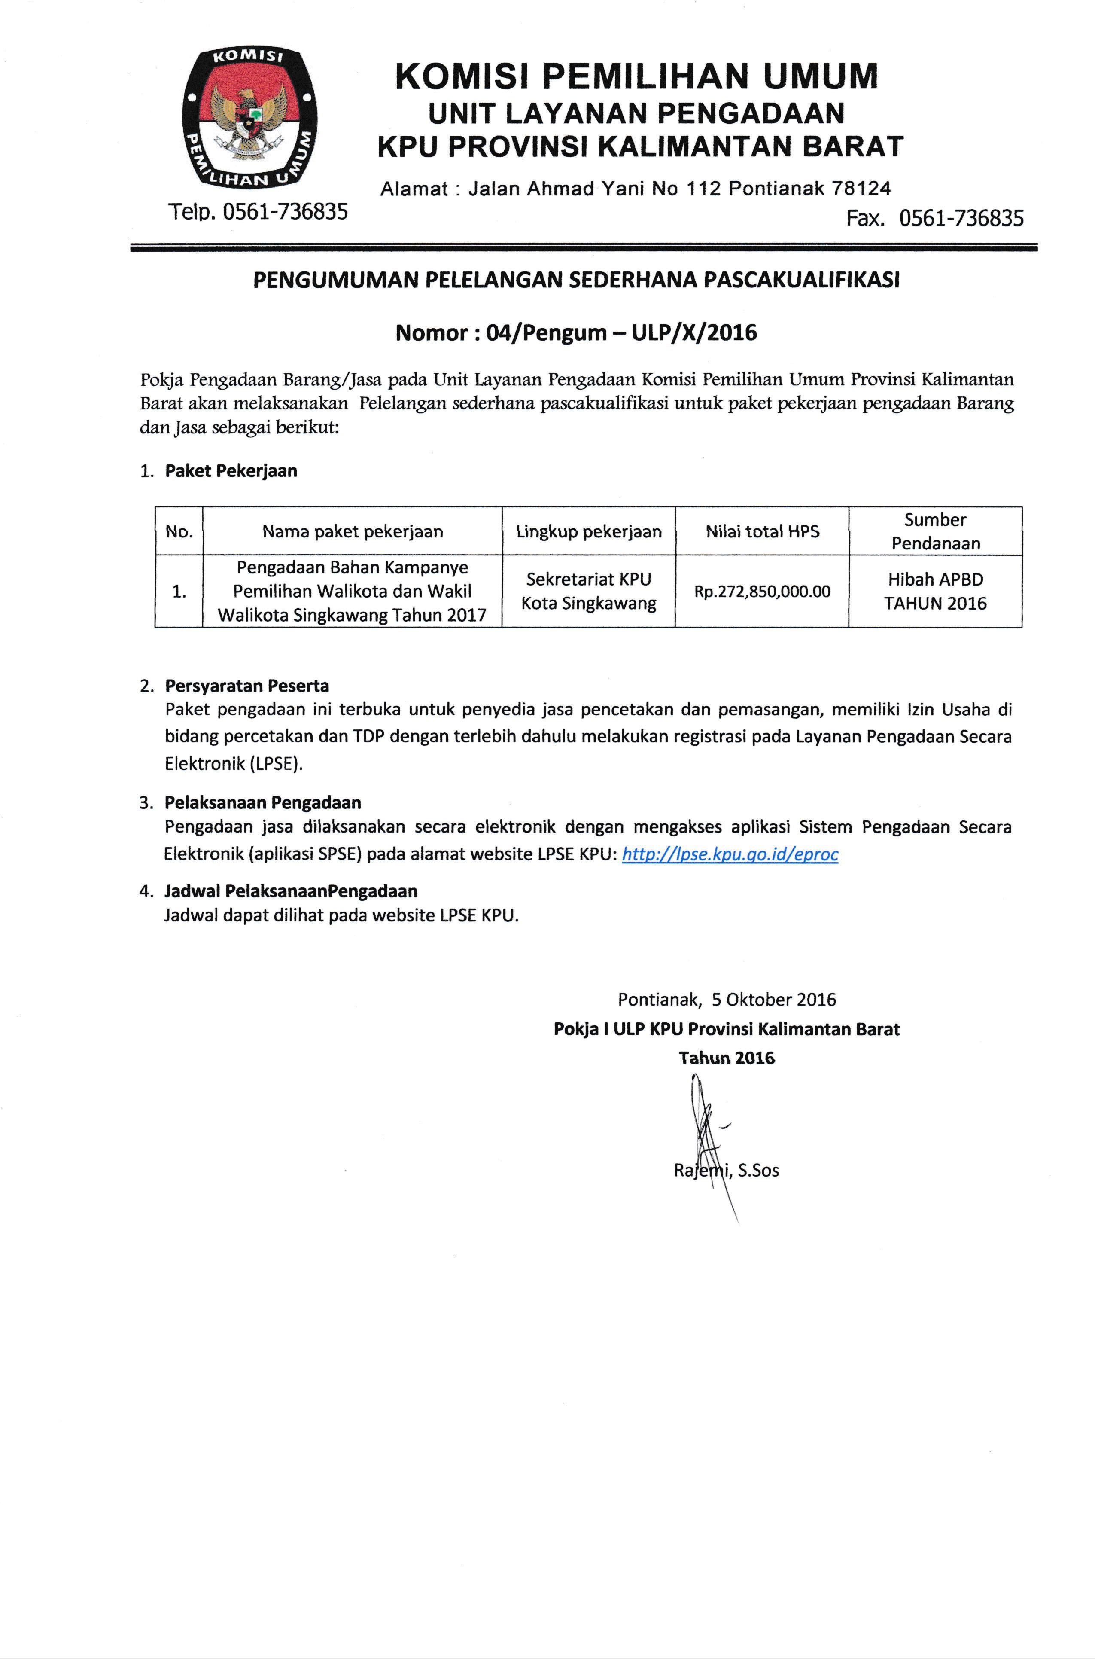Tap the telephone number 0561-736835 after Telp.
[x=285, y=212]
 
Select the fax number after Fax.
[x=961, y=219]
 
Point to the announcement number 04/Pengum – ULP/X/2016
[x=621, y=332]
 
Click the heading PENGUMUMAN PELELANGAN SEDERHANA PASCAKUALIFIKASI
[x=576, y=280]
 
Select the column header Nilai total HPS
[x=762, y=531]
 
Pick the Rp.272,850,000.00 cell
[x=762, y=592]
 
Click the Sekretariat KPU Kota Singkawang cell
[x=589, y=591]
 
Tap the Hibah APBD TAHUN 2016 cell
[x=935, y=591]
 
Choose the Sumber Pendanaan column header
[x=935, y=531]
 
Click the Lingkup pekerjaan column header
[x=589, y=531]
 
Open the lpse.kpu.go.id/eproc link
[x=730, y=854]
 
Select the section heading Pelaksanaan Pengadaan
[x=262, y=802]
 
